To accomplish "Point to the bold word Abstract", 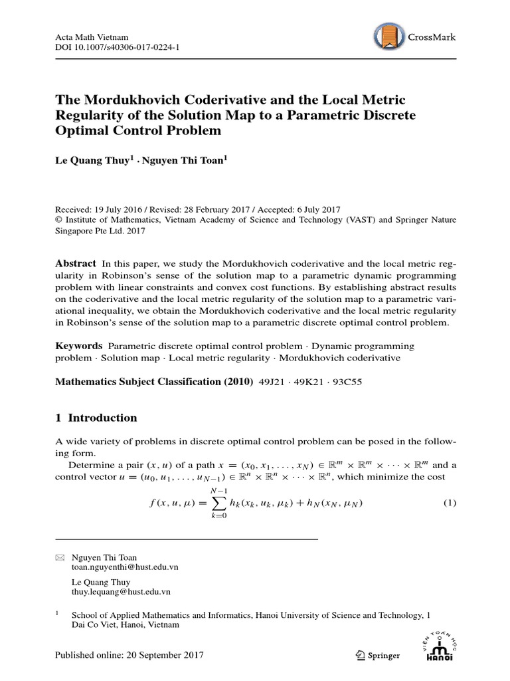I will pyautogui.click(x=75, y=263).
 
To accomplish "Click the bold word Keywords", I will pyautogui.click(x=78, y=346).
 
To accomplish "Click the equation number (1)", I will pyautogui.click(x=450, y=503).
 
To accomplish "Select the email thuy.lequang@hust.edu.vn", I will pyautogui.click(x=121, y=591).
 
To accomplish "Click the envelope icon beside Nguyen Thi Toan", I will pyautogui.click(x=58, y=557).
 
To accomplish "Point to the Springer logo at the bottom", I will pyautogui.click(x=377, y=656).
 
